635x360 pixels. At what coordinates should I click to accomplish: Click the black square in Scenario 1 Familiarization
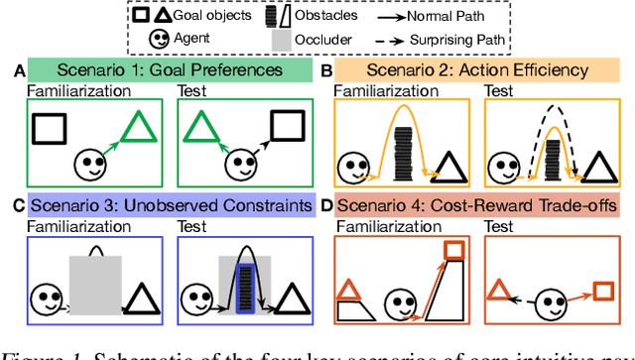pos(50,130)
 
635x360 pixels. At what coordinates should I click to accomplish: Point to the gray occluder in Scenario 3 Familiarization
pos(95,282)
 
